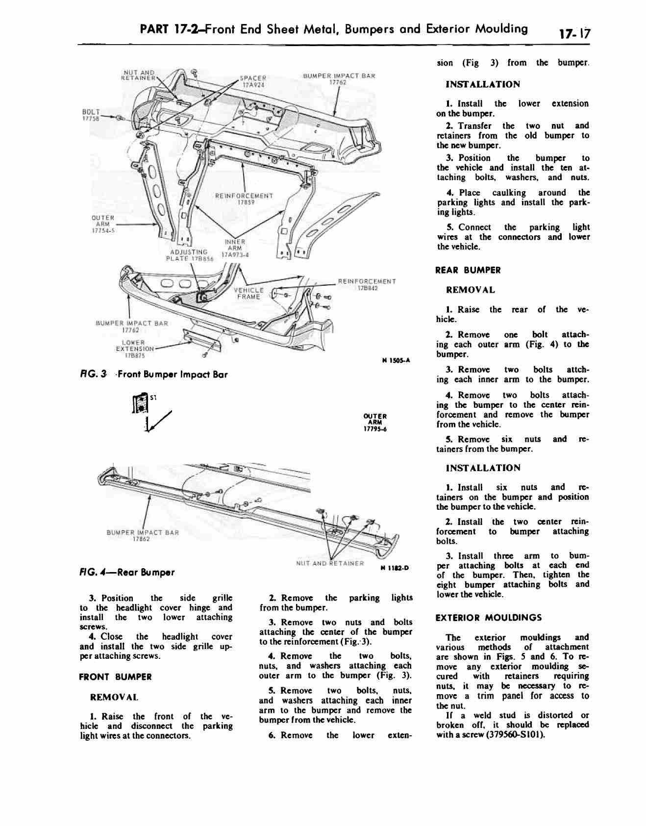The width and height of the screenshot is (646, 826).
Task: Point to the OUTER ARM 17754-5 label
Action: pyautogui.click(x=103, y=224)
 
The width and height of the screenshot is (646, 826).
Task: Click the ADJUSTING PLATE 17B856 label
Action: pyautogui.click(x=190, y=255)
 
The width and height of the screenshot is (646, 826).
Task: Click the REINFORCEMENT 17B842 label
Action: pyautogui.click(x=367, y=285)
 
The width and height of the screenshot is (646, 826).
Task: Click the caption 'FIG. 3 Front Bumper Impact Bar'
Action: pyautogui.click(x=153, y=375)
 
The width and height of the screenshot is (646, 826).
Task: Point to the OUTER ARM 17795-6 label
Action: pyautogui.click(x=375, y=423)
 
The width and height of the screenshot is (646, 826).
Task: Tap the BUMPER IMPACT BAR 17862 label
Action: pyautogui.click(x=143, y=536)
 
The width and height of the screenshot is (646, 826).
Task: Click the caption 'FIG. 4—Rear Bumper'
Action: pyautogui.click(x=127, y=573)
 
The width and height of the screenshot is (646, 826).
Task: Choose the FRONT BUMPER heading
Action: pyautogui.click(x=115, y=677)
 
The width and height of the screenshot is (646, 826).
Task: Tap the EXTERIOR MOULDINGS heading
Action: pyautogui.click(x=489, y=618)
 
